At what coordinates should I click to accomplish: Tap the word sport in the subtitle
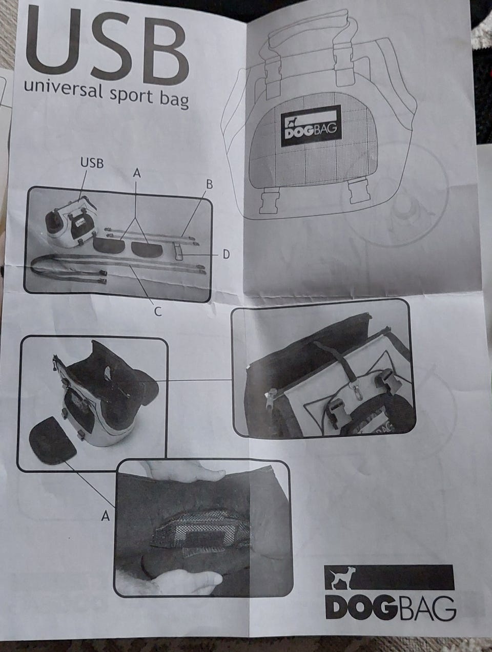click(x=131, y=96)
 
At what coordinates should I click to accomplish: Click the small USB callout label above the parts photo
click(x=92, y=163)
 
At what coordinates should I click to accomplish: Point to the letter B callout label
click(x=210, y=184)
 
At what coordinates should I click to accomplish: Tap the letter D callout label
click(x=226, y=255)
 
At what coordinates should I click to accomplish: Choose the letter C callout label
click(x=158, y=311)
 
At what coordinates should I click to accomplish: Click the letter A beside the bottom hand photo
click(x=106, y=516)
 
